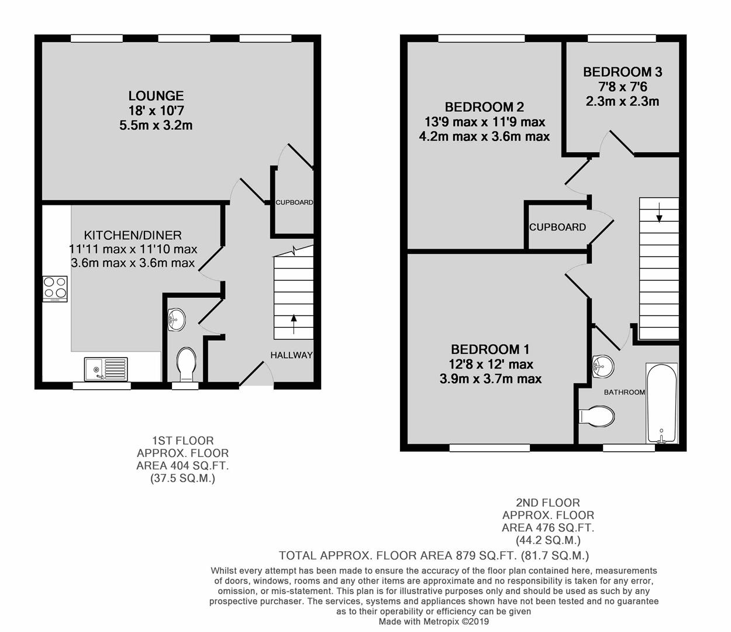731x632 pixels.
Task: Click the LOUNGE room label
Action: (x=156, y=95)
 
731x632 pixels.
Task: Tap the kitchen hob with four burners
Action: (x=55, y=288)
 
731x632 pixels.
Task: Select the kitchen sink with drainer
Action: (x=106, y=369)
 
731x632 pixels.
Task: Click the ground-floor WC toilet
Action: (x=187, y=364)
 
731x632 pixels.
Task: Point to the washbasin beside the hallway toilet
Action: (x=176, y=320)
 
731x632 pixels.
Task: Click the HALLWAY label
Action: (x=291, y=355)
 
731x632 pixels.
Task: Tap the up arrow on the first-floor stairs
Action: (x=294, y=324)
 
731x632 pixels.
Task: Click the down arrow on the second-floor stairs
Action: (x=659, y=212)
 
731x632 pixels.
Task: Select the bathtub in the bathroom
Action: (x=661, y=403)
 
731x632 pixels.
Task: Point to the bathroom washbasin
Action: (x=602, y=366)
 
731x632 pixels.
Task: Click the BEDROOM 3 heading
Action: (x=622, y=72)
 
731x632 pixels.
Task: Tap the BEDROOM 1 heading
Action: (x=490, y=349)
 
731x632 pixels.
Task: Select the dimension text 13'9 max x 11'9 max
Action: (x=484, y=122)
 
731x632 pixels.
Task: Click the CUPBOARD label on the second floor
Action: (x=557, y=227)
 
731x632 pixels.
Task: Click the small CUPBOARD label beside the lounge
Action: (x=294, y=202)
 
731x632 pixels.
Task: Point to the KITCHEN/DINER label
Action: (x=133, y=235)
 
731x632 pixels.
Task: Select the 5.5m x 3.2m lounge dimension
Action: (x=156, y=125)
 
